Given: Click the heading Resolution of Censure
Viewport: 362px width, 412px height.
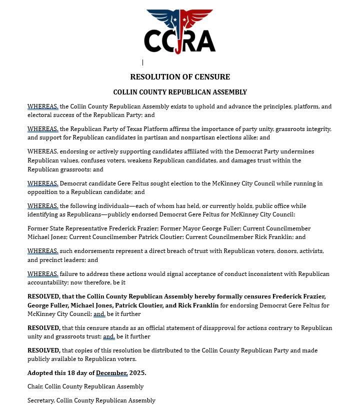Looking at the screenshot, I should pos(180,77).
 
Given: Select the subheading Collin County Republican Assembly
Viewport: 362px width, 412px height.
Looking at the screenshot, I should pos(180,92).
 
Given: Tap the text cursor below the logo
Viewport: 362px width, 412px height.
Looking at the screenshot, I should pos(142,62).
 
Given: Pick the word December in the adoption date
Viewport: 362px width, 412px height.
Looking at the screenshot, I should pos(111,373).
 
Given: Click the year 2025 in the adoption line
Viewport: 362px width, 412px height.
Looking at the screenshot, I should pos(137,373).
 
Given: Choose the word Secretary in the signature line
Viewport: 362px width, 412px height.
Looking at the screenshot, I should pos(40,400).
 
